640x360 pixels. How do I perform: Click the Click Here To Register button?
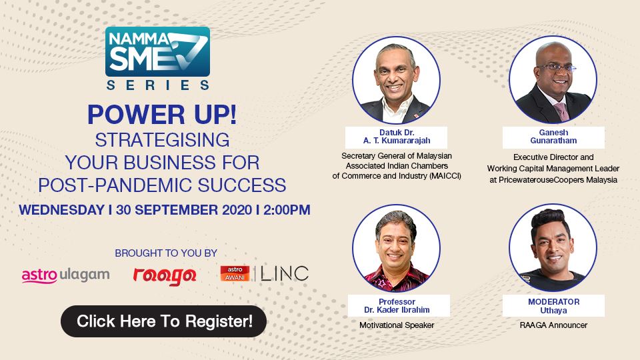(164, 321)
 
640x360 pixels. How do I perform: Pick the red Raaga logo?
(164, 275)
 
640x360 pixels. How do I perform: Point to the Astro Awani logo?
(235, 273)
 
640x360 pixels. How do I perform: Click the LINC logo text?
(285, 273)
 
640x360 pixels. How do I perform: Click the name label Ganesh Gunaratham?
(553, 137)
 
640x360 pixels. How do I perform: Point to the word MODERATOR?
(553, 301)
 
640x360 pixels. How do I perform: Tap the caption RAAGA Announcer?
(553, 326)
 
